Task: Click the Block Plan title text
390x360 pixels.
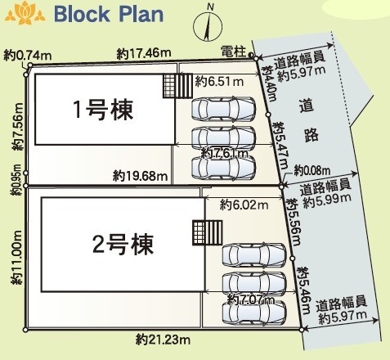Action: click(x=109, y=14)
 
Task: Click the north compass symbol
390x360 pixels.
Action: click(x=208, y=25)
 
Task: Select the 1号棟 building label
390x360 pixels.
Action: click(x=103, y=110)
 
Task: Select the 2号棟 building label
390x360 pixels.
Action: click(x=123, y=245)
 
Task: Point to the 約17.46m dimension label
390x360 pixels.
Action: click(x=144, y=53)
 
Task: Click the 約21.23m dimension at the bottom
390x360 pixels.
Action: click(x=163, y=340)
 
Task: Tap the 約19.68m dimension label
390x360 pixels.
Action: click(x=141, y=176)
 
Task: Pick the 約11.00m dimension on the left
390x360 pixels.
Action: click(x=17, y=258)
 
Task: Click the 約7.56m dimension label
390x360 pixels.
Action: click(x=18, y=127)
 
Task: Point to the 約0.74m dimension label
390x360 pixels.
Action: click(x=28, y=56)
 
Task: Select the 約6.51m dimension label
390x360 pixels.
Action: click(x=219, y=81)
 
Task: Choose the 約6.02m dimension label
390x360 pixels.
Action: click(x=244, y=205)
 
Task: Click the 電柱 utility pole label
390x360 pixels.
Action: click(x=233, y=52)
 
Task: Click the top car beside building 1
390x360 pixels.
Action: click(x=223, y=109)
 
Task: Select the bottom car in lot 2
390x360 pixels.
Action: click(x=254, y=312)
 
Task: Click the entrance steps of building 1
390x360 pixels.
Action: click(x=178, y=86)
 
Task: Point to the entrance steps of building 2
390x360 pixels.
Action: click(x=208, y=232)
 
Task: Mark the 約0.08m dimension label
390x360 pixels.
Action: click(x=312, y=171)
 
